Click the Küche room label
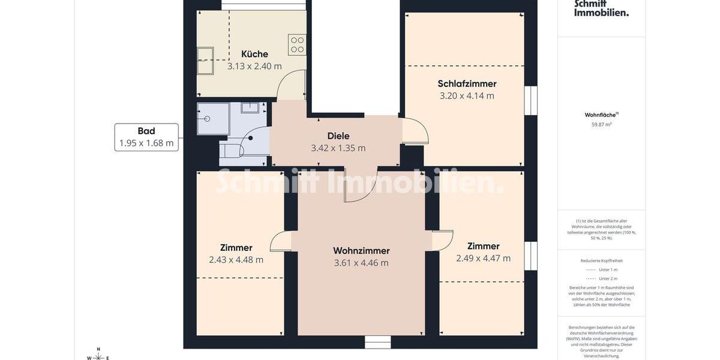(254, 54)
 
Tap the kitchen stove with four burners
(297, 45)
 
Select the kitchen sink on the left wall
(205, 61)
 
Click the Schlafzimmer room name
(467, 83)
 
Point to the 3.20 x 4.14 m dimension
(467, 96)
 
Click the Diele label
(338, 136)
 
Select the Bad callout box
(146, 137)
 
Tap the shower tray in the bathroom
(213, 118)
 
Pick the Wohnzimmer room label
(361, 250)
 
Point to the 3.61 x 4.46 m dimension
(361, 263)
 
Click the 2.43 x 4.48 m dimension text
(236, 260)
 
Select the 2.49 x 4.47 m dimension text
(483, 259)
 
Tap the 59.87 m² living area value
(601, 125)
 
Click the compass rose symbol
(98, 356)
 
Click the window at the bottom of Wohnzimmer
(377, 342)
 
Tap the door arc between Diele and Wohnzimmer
(360, 186)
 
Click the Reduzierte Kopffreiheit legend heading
(601, 260)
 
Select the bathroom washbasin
(250, 108)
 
